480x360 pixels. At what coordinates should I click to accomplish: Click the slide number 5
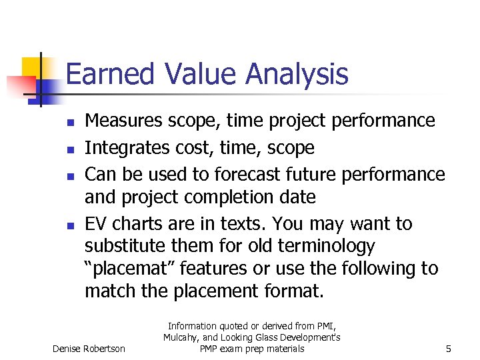click(448, 349)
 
